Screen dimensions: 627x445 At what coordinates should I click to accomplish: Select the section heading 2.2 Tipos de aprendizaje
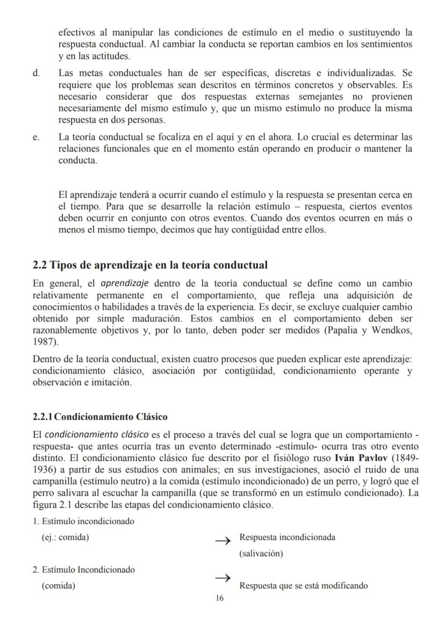click(x=150, y=265)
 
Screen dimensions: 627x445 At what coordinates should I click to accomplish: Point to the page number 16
click(x=219, y=598)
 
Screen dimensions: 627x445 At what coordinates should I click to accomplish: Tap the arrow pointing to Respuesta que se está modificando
click(x=223, y=578)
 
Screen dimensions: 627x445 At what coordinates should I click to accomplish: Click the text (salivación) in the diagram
click(x=261, y=553)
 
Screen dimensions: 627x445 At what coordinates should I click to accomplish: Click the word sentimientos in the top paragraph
click(x=387, y=43)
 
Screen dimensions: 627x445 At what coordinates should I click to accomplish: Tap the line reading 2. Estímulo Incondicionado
click(x=84, y=569)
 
